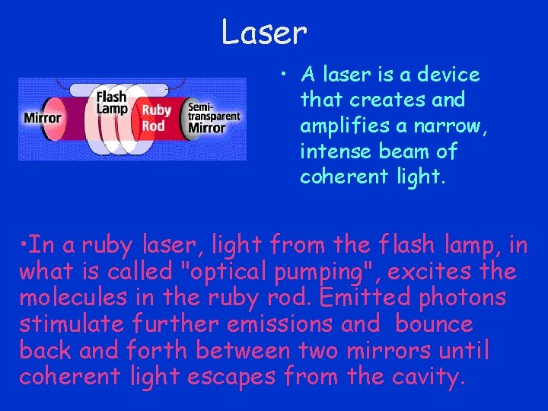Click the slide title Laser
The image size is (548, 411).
pos(263,33)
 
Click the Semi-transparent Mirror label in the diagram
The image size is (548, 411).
pos(214,118)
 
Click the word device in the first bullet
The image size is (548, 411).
pos(451,75)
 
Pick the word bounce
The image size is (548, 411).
pos(434,324)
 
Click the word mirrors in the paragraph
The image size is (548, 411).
pos(413,351)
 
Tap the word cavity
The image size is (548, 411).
pos(427,378)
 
